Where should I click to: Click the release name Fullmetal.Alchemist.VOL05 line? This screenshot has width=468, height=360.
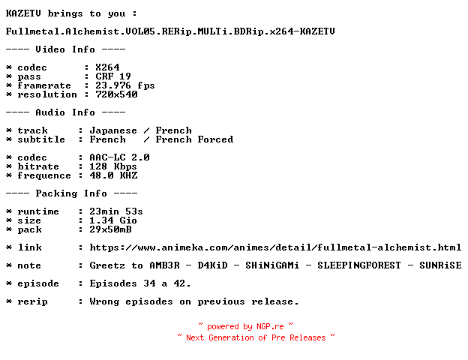(x=170, y=31)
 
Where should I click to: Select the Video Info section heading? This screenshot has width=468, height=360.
(x=65, y=49)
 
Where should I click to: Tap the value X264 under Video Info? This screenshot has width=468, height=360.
(x=107, y=67)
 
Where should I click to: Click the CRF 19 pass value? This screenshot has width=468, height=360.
(x=113, y=76)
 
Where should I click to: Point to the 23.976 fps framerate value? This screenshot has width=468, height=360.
(x=125, y=85)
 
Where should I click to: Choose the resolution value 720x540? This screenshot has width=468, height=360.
(x=116, y=94)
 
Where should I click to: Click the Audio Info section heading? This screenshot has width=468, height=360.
(x=65, y=112)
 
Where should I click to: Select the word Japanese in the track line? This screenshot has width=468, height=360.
(x=113, y=130)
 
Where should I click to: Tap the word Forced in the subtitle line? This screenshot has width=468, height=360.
(x=215, y=139)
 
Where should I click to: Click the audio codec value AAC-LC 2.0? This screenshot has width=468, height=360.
(x=119, y=157)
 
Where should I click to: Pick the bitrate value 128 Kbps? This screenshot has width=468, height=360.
(x=113, y=166)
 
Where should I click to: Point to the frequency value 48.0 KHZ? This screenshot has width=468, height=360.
(x=113, y=175)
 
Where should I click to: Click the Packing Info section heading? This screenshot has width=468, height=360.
(x=71, y=193)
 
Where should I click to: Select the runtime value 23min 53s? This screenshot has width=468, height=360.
(x=116, y=211)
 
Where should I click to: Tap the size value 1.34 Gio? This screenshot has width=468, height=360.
(x=113, y=220)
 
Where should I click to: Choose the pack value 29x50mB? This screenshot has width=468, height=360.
(x=110, y=229)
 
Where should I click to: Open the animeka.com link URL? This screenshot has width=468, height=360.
(x=275, y=247)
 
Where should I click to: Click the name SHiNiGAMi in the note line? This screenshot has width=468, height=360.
(x=272, y=265)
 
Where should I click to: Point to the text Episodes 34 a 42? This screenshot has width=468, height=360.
(x=140, y=283)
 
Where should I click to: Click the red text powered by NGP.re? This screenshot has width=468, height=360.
(x=245, y=326)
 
